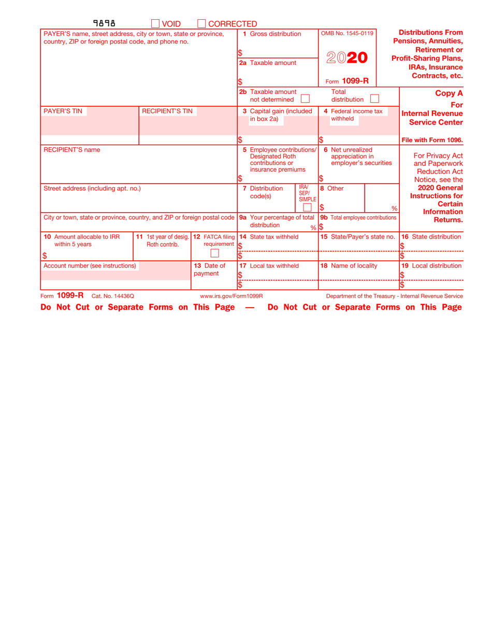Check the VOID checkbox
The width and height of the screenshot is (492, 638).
click(x=155, y=23)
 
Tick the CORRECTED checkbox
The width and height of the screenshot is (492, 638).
click(x=202, y=23)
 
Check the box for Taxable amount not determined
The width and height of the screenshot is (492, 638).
click(x=306, y=98)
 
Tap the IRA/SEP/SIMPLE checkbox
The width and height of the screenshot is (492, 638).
click(x=307, y=207)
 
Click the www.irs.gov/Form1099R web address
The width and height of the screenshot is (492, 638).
click(x=231, y=296)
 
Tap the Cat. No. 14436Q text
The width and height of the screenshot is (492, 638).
click(x=113, y=296)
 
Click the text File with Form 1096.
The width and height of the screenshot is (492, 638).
click(x=432, y=140)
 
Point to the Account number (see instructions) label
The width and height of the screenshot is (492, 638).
click(x=90, y=266)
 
